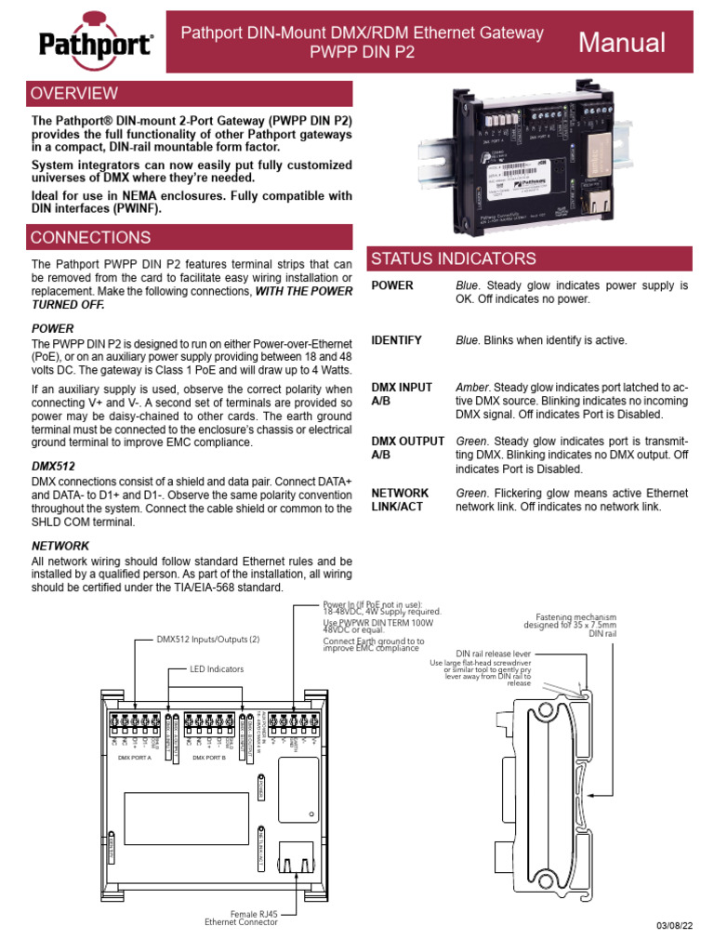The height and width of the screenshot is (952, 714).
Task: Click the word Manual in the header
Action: point(622,43)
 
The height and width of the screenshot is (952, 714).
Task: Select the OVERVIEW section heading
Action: point(74,93)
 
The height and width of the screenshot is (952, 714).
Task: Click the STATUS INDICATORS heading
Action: point(454,258)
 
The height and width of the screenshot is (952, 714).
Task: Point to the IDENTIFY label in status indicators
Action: point(396,340)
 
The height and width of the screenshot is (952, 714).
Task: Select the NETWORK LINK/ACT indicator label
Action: point(400,500)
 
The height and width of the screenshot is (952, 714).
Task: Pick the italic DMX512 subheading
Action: point(53,465)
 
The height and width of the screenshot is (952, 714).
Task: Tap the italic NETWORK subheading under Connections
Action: point(59,546)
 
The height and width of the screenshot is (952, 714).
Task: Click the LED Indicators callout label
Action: point(218,668)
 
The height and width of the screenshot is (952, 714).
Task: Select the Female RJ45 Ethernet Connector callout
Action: point(241,918)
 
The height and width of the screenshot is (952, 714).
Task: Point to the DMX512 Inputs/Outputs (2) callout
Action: point(208,640)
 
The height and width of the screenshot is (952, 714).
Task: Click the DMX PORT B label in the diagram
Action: point(209,758)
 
